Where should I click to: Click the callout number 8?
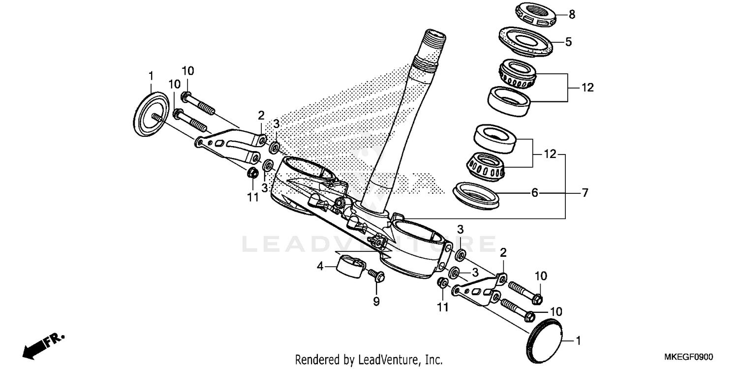click(x=572, y=15)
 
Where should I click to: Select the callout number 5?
click(x=568, y=42)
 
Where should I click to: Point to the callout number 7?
click(x=585, y=193)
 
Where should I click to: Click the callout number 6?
click(x=535, y=193)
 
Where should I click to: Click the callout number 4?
click(x=320, y=267)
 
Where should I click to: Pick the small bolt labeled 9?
click(x=376, y=277)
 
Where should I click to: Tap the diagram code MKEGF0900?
click(x=689, y=357)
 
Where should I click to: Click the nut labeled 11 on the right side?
click(x=442, y=283)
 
